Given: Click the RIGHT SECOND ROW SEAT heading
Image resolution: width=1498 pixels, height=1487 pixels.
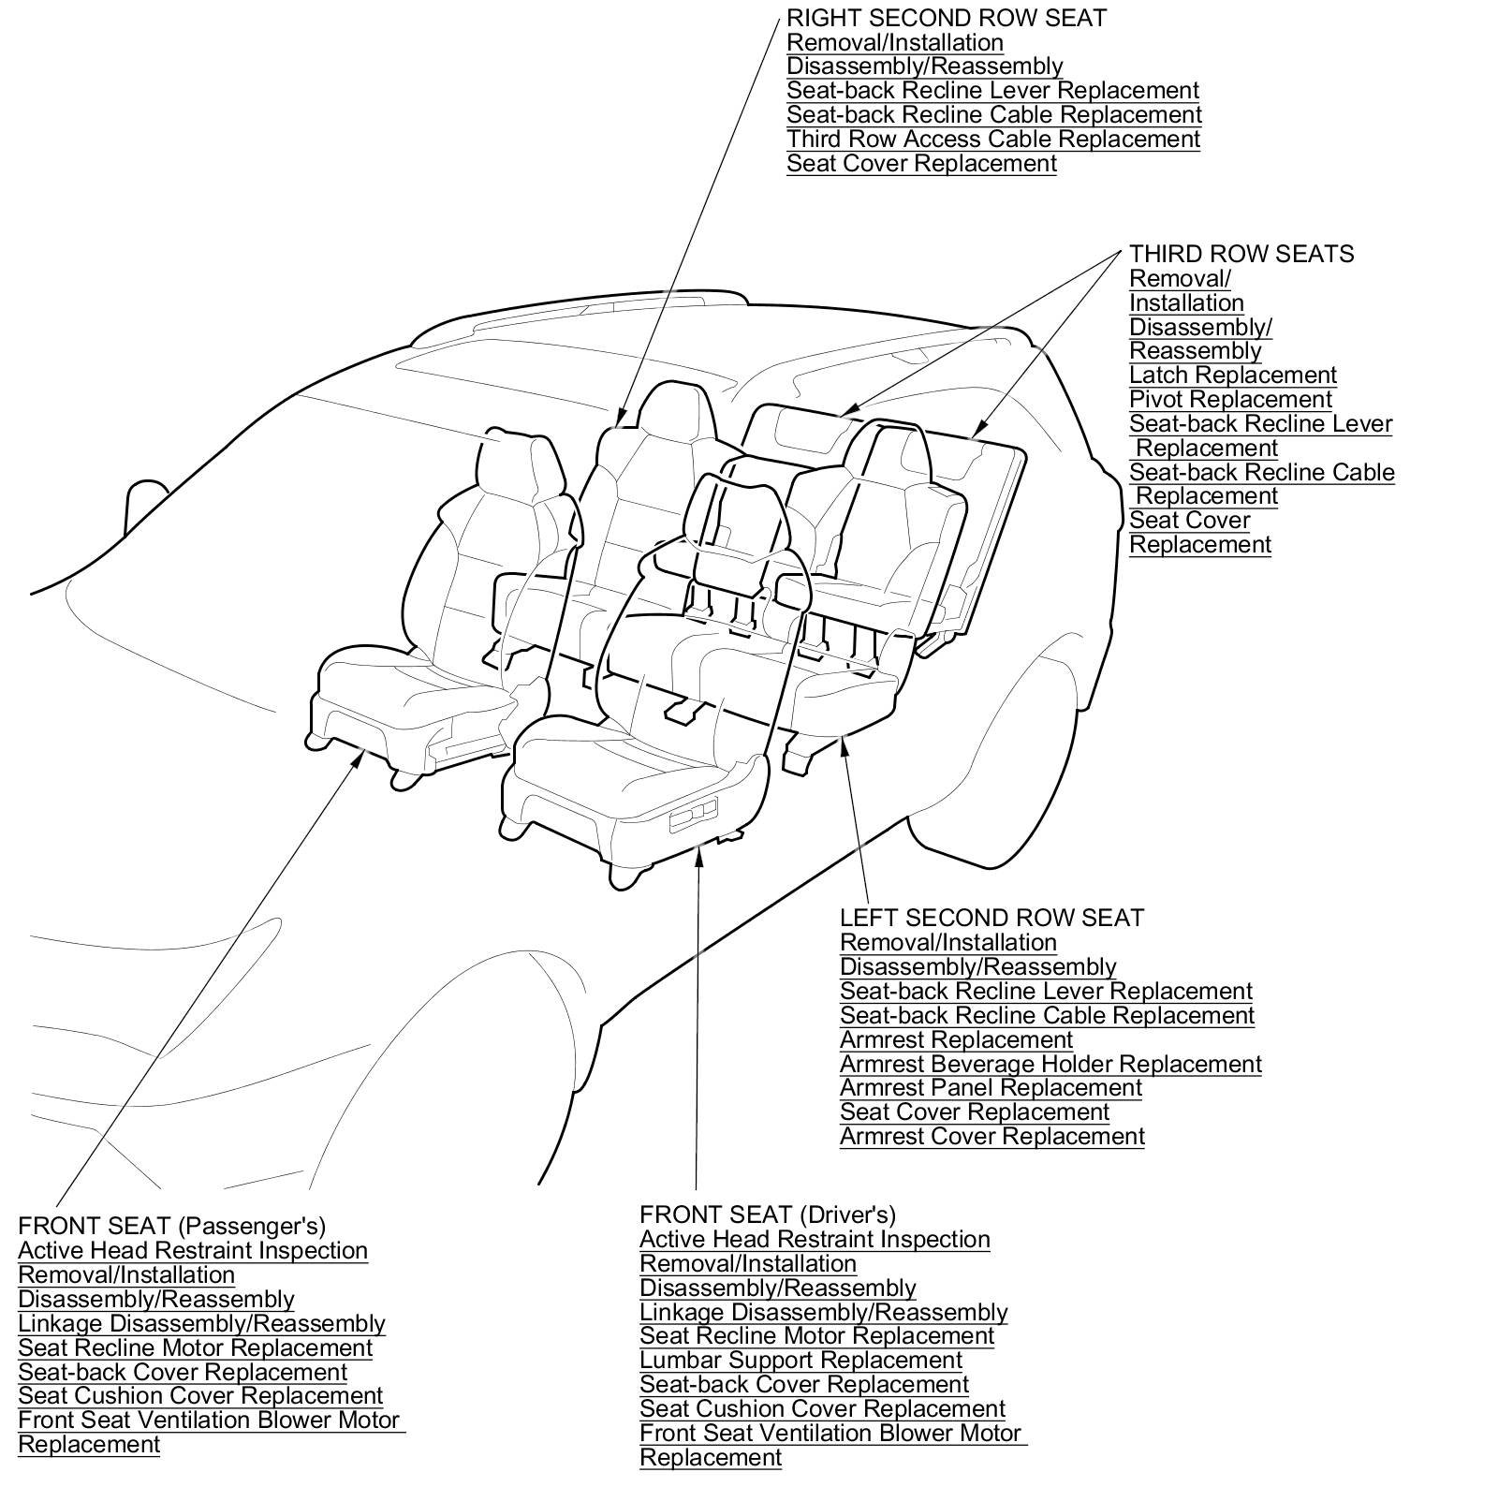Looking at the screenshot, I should [946, 18].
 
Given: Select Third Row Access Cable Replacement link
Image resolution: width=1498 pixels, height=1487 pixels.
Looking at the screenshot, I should [992, 139].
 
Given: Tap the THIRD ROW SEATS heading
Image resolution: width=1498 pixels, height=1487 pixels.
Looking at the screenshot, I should [1241, 254].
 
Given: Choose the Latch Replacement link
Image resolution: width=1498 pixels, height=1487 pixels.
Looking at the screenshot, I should [1232, 375].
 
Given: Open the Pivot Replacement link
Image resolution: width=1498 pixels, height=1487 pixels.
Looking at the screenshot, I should [1230, 399].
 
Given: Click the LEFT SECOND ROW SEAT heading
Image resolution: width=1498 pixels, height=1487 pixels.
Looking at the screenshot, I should [991, 918].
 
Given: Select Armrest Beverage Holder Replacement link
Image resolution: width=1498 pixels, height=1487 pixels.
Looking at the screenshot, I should [1050, 1064].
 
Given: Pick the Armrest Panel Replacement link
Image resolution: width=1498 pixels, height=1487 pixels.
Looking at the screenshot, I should [991, 1087].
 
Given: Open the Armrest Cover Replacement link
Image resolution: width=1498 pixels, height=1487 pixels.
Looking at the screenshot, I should [991, 1136].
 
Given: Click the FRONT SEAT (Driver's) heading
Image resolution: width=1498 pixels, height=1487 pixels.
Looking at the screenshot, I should [768, 1215].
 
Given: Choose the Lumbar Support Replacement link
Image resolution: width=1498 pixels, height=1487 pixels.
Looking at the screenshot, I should [800, 1360].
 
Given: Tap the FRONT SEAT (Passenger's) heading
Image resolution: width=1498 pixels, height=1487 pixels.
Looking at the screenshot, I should [171, 1226].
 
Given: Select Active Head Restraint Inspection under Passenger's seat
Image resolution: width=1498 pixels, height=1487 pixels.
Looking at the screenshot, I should [193, 1250].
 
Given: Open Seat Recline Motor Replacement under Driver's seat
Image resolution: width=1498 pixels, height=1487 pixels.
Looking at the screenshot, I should [816, 1335].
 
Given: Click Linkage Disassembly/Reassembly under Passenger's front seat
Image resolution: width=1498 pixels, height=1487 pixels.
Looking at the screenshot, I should [201, 1323].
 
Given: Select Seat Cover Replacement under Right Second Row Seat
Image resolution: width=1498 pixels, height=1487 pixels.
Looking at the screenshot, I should [921, 163].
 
